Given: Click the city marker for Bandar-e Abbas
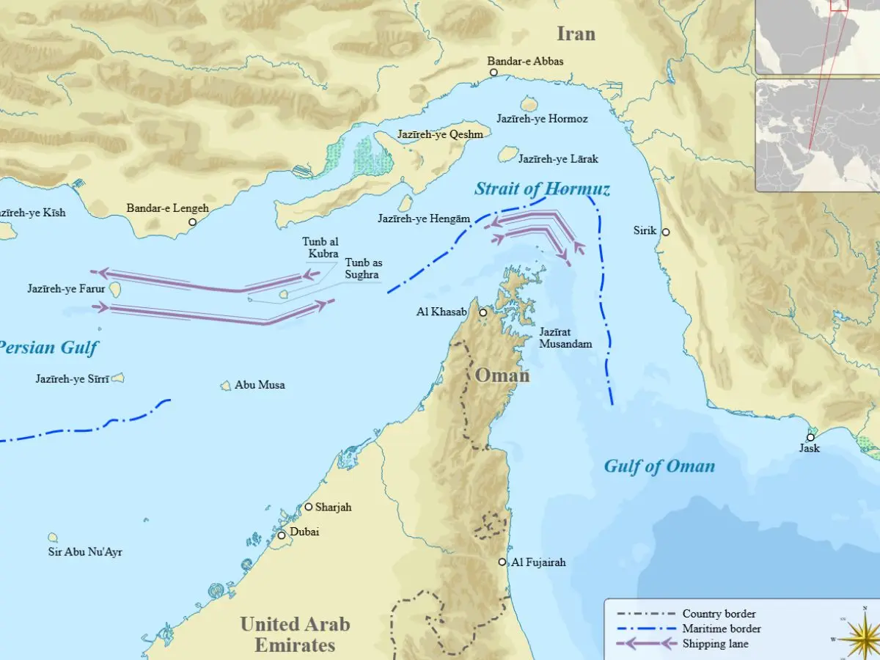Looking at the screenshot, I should [494, 73].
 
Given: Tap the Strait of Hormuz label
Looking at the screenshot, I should [542, 189].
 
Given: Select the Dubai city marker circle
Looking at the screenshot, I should [282, 535].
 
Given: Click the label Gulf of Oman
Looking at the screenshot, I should [659, 466].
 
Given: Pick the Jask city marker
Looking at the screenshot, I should [810, 437].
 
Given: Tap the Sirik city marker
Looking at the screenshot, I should [665, 232].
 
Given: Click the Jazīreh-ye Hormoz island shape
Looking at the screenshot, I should [529, 105].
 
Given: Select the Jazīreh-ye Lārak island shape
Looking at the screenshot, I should [507, 154].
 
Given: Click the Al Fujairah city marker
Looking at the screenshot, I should [502, 562].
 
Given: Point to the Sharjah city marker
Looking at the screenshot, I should [309, 507].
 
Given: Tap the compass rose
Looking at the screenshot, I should [862, 634].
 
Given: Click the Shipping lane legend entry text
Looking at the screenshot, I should [715, 644].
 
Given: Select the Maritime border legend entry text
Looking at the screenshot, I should [721, 628].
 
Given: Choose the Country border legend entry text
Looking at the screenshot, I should [719, 614].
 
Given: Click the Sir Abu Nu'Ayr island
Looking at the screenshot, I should [53, 538].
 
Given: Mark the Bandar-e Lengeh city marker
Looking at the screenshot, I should [192, 221].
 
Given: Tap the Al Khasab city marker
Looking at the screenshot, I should [483, 313].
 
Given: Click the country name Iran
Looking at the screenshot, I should [576, 34].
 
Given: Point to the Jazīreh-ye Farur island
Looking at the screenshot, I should [115, 290].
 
